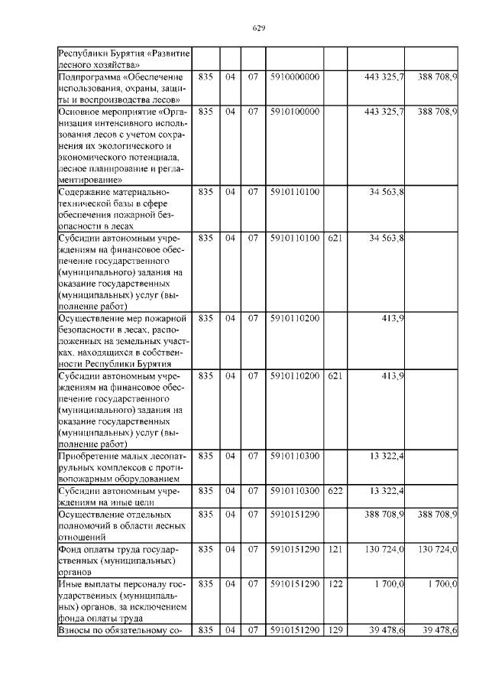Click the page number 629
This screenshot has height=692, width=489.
tap(258, 28)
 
